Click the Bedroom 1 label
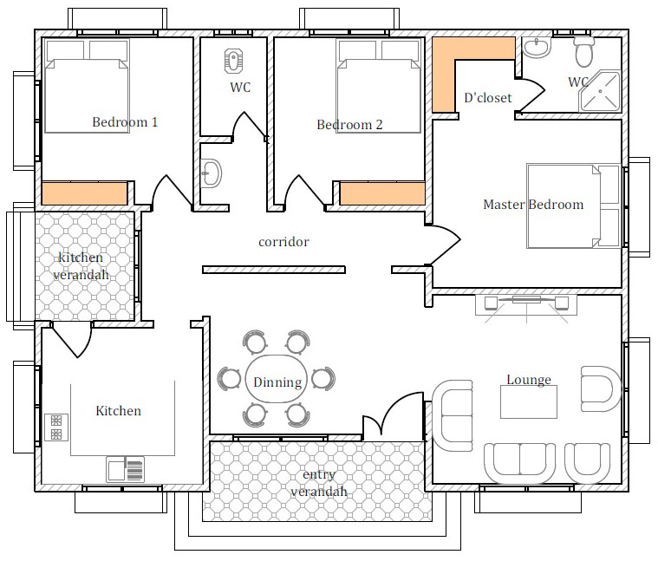[125, 122]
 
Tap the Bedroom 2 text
[349, 125]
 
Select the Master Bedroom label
[533, 205]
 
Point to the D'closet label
[488, 98]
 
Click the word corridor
[283, 242]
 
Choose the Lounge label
[529, 379]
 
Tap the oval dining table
[277, 379]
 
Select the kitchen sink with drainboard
[125, 469]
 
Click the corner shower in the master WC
[600, 91]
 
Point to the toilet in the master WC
[584, 52]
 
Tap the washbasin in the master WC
[537, 48]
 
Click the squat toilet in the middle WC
[233, 62]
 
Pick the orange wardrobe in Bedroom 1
[84, 193]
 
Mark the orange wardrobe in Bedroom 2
[382, 193]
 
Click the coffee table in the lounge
[529, 402]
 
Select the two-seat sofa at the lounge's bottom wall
[520, 463]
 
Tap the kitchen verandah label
[81, 266]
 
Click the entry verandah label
[319, 483]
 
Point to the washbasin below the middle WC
[211, 173]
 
